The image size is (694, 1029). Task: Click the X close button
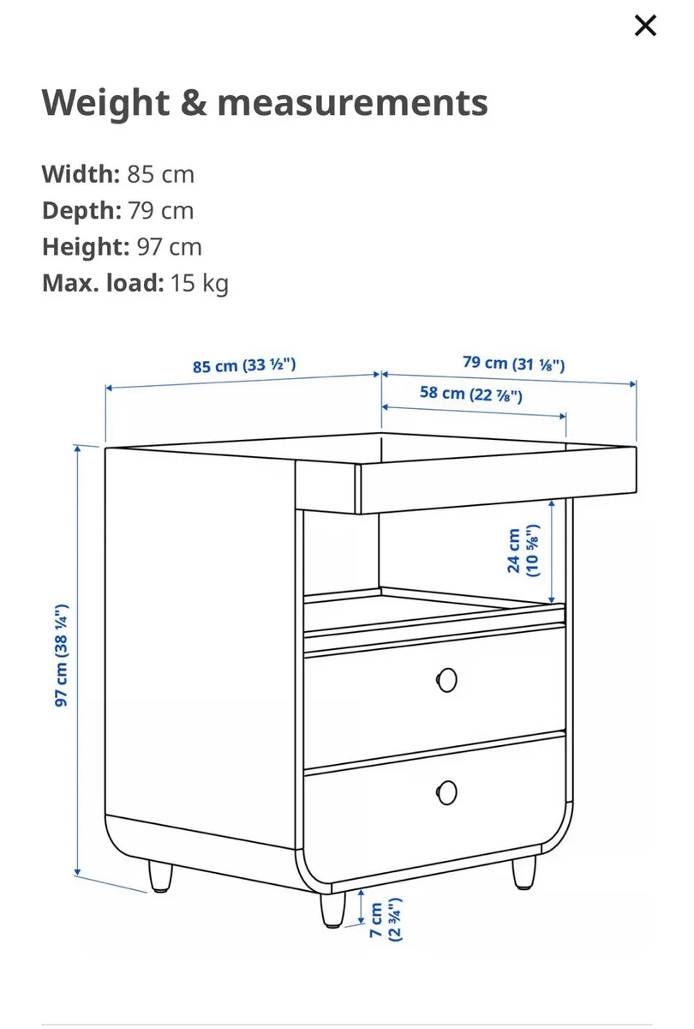[645, 26]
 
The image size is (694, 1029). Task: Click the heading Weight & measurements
[265, 103]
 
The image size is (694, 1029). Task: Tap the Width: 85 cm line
[118, 174]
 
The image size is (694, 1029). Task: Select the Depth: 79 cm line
[117, 210]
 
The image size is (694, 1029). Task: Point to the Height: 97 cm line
[122, 247]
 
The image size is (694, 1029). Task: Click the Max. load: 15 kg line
[135, 283]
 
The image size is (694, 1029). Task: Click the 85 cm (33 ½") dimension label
[244, 365]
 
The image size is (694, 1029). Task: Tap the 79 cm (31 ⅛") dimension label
[513, 363]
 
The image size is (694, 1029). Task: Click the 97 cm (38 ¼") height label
[62, 655]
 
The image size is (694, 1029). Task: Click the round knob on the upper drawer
[446, 680]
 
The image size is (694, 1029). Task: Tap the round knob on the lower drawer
[446, 791]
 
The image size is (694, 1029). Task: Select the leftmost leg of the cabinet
[160, 876]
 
